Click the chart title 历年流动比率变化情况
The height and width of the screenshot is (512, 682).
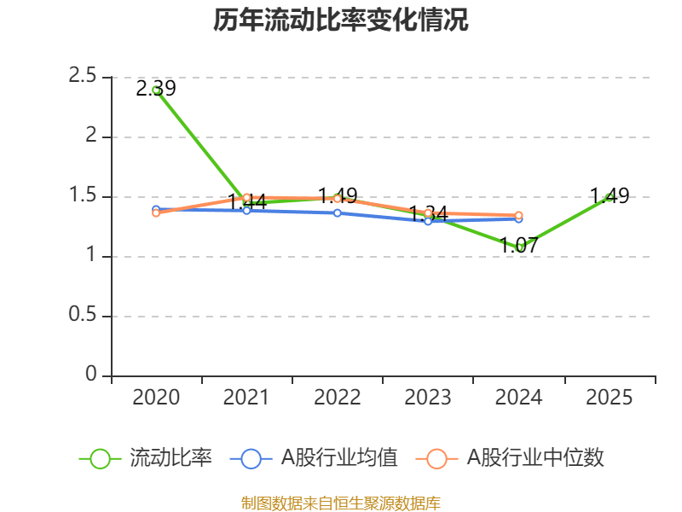click(341, 20)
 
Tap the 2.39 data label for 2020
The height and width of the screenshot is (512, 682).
click(156, 88)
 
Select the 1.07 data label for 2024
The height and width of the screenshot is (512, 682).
click(519, 246)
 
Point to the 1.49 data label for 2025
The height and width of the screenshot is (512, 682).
click(610, 196)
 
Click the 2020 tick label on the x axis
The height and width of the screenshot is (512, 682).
click(156, 398)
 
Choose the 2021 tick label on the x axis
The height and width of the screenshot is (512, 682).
click(246, 398)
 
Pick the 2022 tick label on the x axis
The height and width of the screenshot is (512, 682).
click(337, 398)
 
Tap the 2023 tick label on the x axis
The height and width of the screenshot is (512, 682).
click(428, 398)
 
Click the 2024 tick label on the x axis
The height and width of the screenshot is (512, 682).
click(518, 398)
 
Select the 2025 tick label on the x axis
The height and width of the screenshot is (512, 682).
click(609, 398)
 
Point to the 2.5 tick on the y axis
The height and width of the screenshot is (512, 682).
click(83, 77)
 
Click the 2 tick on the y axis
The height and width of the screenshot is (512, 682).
click(94, 137)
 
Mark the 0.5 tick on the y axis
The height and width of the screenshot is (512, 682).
click(83, 316)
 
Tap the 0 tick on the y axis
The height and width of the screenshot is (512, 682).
click(93, 375)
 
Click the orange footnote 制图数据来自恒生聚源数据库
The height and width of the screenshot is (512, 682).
click(341, 503)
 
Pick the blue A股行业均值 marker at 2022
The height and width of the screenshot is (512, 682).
click(337, 212)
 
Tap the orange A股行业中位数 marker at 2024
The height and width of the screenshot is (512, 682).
click(518, 216)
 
